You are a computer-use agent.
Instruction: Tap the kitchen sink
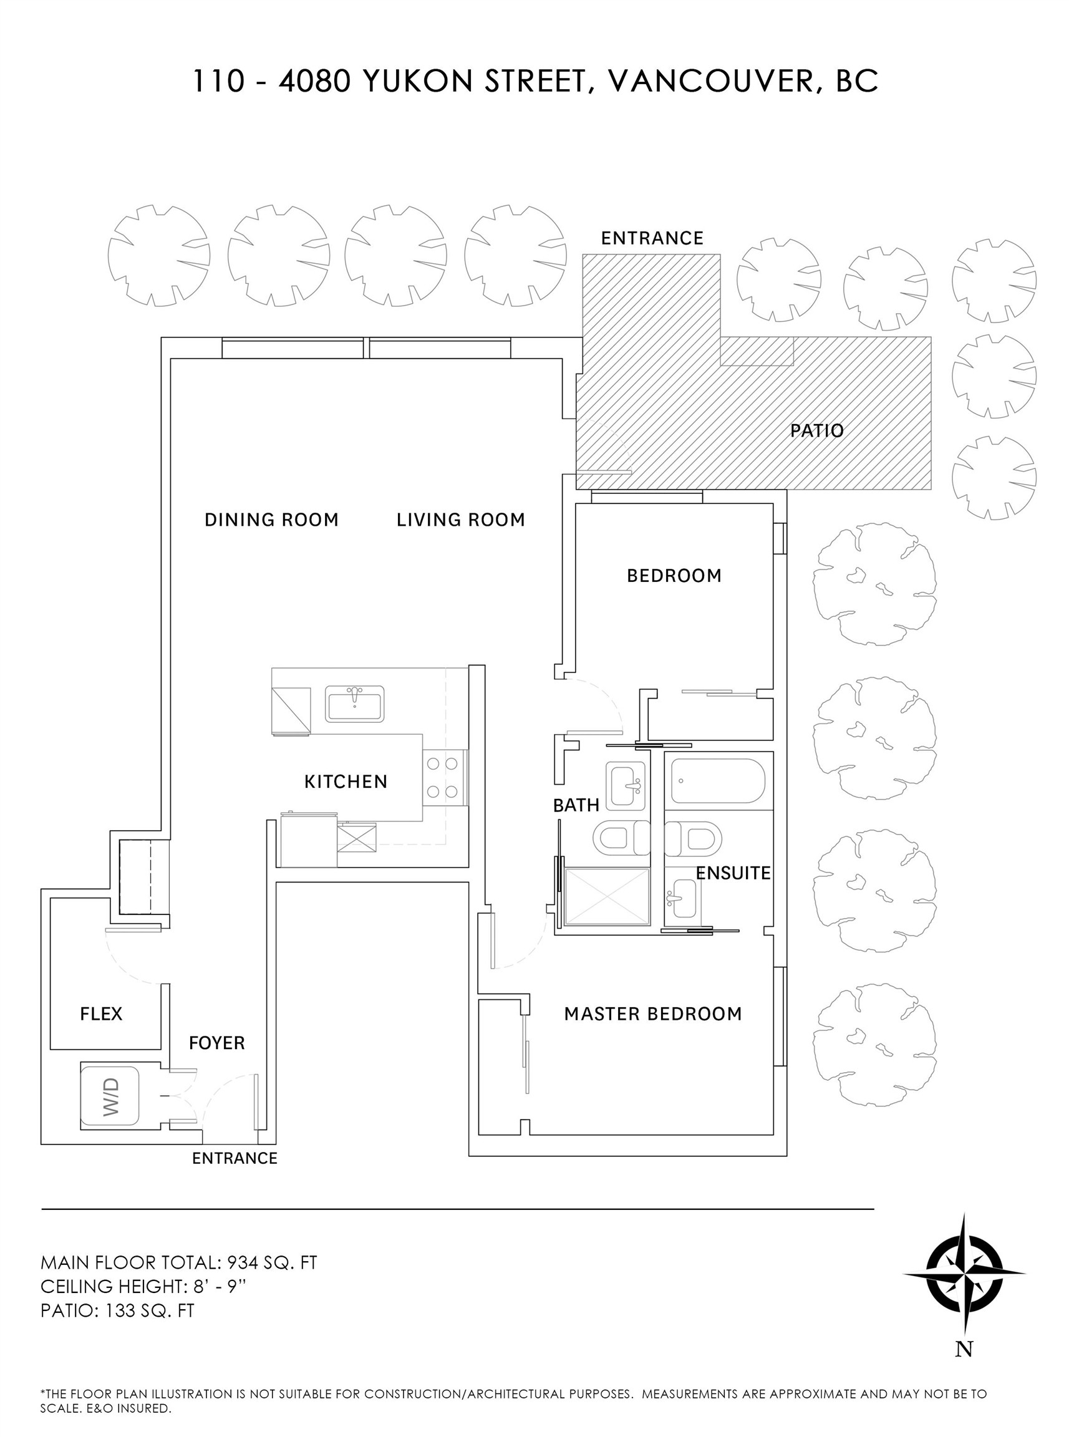[354, 704]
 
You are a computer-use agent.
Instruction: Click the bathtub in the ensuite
[718, 781]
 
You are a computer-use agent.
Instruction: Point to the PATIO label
[816, 431]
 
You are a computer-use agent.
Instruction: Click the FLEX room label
[101, 1014]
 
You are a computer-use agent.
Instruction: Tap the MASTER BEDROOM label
[653, 1014]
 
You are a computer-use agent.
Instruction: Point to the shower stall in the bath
[606, 897]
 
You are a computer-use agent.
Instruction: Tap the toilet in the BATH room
[619, 839]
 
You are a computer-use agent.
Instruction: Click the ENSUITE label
[733, 873]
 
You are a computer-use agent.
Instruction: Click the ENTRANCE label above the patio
[652, 238]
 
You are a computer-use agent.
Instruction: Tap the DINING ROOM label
[271, 520]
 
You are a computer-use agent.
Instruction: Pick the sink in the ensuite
[684, 898]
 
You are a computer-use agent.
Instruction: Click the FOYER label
[217, 1043]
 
